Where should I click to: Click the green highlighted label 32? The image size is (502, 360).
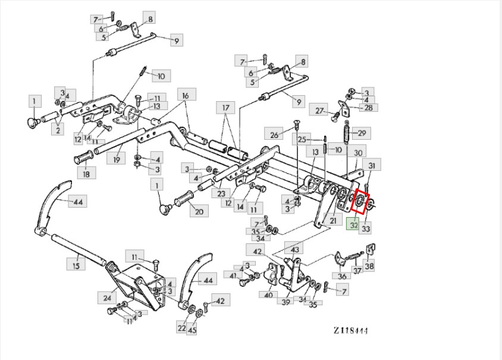[353, 224]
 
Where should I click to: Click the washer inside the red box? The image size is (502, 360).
[360, 201]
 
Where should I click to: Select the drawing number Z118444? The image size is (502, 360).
[350, 330]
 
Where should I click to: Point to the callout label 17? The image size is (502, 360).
[225, 108]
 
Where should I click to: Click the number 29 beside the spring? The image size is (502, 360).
[362, 133]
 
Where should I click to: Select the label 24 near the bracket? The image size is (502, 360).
[107, 298]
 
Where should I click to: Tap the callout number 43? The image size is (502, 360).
[294, 249]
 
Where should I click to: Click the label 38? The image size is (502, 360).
[369, 265]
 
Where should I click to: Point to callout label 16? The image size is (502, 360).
[186, 95]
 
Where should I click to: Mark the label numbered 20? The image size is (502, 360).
[199, 211]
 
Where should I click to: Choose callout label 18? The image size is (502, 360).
[86, 173]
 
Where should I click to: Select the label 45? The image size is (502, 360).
[192, 329]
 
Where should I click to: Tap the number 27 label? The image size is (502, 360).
[319, 110]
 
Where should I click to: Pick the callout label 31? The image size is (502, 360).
[371, 165]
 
